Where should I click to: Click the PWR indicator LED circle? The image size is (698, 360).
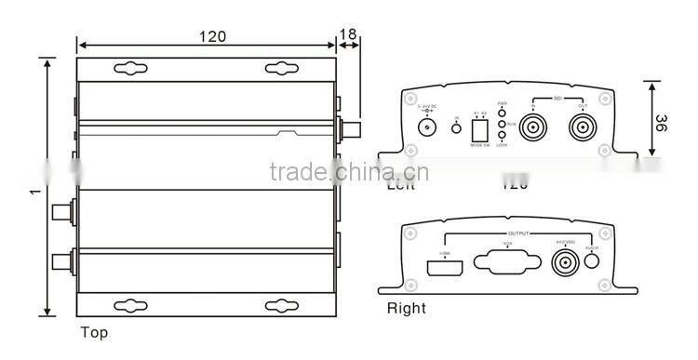click(503, 112)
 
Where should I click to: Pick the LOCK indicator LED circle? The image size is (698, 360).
click(503, 135)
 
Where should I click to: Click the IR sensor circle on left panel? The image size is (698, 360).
click(456, 127)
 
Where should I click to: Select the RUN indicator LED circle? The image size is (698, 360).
click(503, 123)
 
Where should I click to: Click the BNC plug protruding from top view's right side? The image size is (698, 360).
click(351, 128)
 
